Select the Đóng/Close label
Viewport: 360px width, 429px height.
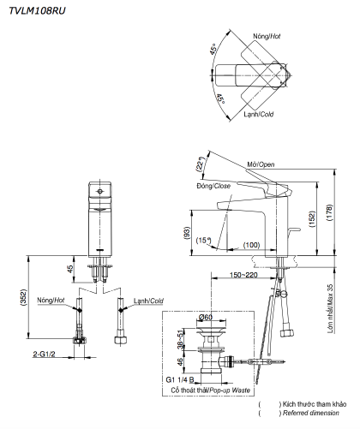(x=213, y=185)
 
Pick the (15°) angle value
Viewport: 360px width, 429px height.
(x=204, y=241)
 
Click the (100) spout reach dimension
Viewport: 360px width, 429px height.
(x=251, y=246)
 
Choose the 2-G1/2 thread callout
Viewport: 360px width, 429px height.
(x=45, y=354)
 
